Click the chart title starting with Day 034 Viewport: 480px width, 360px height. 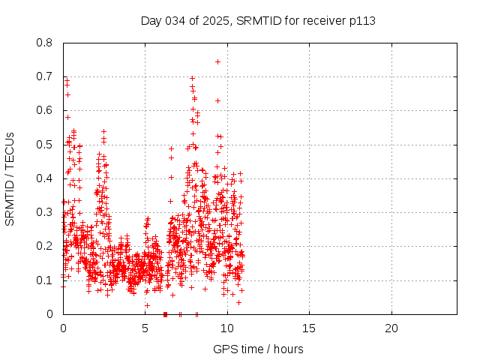click(258, 20)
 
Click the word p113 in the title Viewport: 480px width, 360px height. click(361, 20)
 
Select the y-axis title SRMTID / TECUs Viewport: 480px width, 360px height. click(10, 178)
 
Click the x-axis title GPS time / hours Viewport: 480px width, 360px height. click(258, 349)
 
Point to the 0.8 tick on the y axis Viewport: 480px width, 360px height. click(45, 43)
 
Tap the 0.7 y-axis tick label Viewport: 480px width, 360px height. click(45, 76)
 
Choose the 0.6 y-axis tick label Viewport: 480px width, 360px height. click(45, 110)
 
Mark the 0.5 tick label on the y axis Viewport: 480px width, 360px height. click(45, 144)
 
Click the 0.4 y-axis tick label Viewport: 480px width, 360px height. click(45, 178)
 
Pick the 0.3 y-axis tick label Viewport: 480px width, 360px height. click(45, 212)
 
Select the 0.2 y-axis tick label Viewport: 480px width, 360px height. click(45, 246)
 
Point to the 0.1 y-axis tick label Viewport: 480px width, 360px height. click(45, 280)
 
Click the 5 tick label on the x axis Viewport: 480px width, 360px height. click(145, 328)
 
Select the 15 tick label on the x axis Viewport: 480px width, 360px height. click(309, 328)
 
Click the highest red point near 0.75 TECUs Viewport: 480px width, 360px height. click(217, 61)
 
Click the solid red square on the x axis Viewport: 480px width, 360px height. click(165, 314)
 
